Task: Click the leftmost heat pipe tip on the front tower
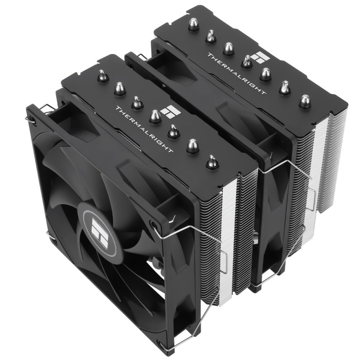coord(103,76)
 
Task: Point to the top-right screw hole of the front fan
coord(156,224)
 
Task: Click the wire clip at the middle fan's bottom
coord(270,279)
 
